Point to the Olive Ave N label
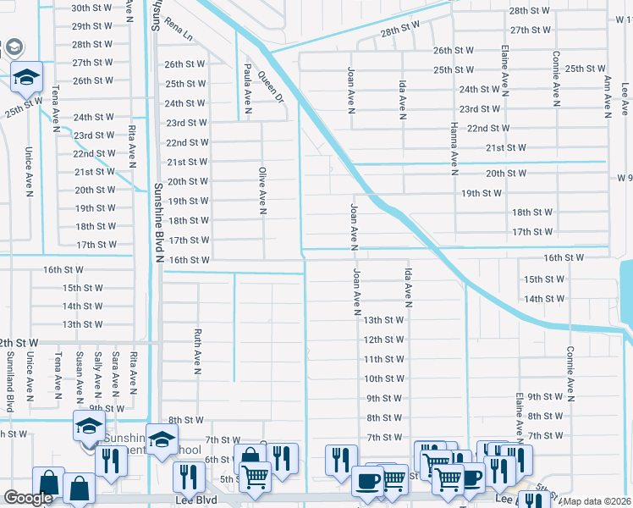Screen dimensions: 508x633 click(262, 190)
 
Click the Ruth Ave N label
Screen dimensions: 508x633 click(197, 351)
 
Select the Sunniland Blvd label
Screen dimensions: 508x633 click(11, 384)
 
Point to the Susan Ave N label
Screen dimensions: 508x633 click(80, 375)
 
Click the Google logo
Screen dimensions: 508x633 click(28, 498)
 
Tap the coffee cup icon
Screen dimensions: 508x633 click(366, 480)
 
